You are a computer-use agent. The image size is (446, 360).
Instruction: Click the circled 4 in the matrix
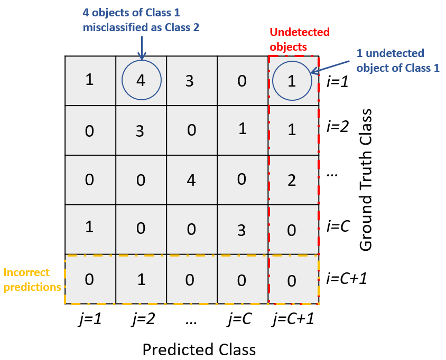click(x=141, y=80)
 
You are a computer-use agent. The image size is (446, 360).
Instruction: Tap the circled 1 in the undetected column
click(x=292, y=81)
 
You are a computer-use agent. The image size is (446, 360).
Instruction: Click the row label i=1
click(x=337, y=81)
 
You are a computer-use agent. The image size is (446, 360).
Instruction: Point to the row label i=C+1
click(x=347, y=278)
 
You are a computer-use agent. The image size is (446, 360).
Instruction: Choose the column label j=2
click(x=144, y=319)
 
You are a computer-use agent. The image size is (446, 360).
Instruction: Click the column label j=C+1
click(x=293, y=319)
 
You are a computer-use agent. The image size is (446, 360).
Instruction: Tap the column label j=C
click(x=239, y=319)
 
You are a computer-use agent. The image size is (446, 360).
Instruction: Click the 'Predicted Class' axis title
click(x=199, y=349)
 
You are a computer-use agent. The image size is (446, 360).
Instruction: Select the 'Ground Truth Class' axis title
click(x=366, y=180)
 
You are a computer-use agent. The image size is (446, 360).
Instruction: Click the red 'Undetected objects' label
click(x=300, y=40)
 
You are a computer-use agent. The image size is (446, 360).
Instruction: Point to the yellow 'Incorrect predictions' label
click(x=32, y=280)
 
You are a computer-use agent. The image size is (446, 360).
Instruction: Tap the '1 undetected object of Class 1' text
click(x=398, y=61)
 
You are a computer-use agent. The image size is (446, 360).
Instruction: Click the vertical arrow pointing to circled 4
click(x=142, y=48)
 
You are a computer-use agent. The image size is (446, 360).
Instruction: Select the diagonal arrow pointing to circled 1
click(x=330, y=67)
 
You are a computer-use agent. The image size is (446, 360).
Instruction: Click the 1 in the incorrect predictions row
click(x=142, y=280)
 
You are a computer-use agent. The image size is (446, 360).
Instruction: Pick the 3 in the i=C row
click(x=241, y=230)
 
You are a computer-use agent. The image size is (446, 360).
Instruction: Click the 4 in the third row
click(x=191, y=181)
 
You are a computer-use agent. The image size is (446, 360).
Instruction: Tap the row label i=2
click(x=337, y=126)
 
